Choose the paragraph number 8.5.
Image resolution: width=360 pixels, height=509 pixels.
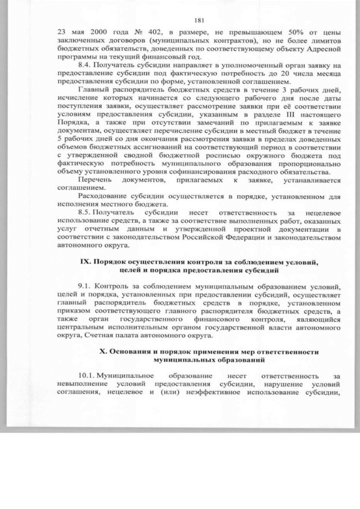(x=85, y=214)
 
